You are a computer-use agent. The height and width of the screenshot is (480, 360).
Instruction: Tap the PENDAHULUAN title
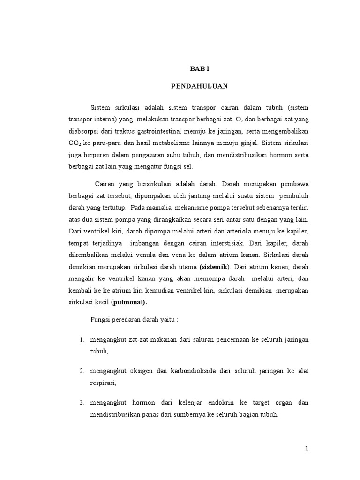[x=199, y=86]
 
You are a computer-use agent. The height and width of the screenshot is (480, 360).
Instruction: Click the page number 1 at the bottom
[x=307, y=449]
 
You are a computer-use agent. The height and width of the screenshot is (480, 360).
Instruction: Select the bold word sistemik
[x=214, y=267]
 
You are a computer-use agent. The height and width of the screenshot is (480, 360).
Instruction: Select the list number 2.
[x=81, y=371]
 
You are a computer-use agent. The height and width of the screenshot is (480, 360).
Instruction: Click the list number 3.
[x=81, y=403]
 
